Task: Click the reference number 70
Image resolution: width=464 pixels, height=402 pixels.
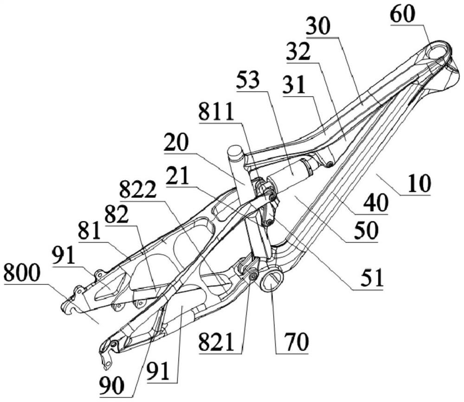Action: [x=292, y=343]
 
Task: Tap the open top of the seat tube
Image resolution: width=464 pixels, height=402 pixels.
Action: [x=235, y=151]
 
